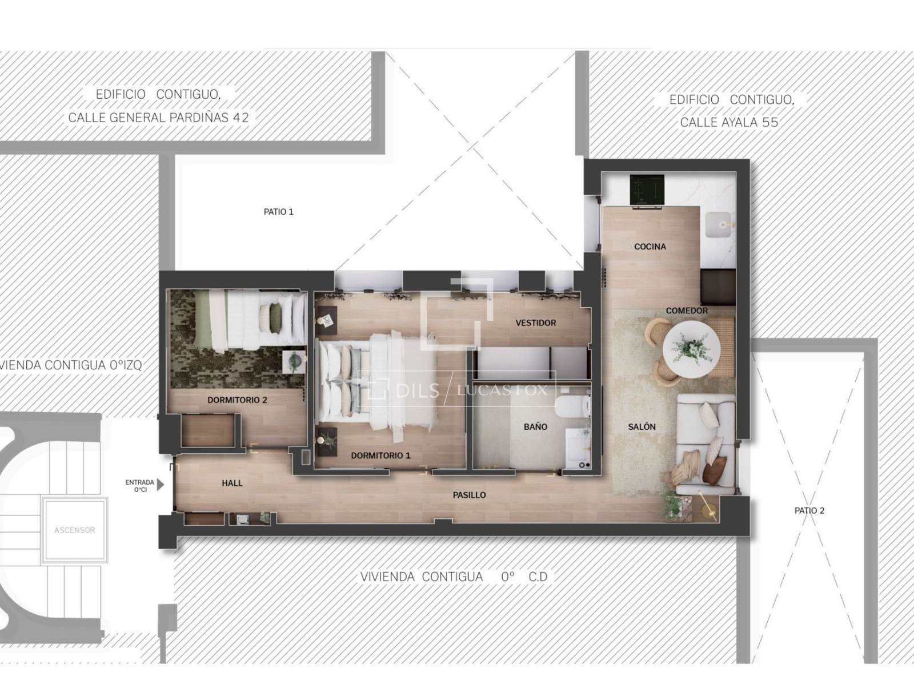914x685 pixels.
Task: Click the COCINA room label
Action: click(x=650, y=247)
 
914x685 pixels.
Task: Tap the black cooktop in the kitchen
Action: click(x=647, y=190)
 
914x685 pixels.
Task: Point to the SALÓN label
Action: click(x=642, y=426)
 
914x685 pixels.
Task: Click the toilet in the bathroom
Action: click(x=574, y=406)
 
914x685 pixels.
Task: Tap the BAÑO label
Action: click(x=535, y=426)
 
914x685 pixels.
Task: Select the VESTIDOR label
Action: click(x=535, y=323)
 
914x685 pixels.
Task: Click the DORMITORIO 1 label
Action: click(x=380, y=456)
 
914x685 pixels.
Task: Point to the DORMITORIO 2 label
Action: click(x=237, y=400)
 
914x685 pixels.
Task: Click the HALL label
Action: click(x=232, y=483)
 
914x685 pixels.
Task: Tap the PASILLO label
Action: click(x=470, y=495)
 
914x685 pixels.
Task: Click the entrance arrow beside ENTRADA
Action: click(x=161, y=485)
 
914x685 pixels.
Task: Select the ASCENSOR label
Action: click(x=74, y=530)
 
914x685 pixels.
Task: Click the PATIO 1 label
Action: click(x=279, y=212)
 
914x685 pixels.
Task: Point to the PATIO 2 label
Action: click(x=809, y=510)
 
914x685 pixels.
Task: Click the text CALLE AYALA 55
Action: click(x=729, y=122)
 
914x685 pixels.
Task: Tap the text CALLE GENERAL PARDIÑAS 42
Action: click(x=158, y=118)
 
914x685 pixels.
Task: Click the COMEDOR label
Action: click(x=687, y=311)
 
